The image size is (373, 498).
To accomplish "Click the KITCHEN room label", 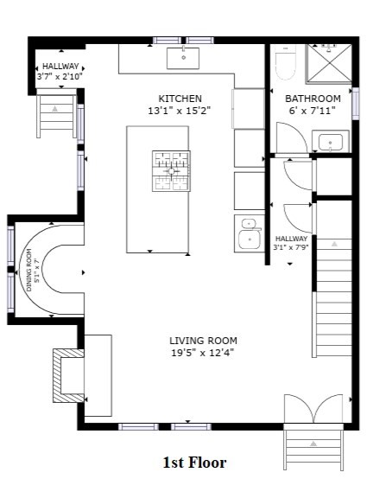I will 180,99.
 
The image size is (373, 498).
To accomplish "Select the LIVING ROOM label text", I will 203,341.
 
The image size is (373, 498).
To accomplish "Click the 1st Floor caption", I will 194,463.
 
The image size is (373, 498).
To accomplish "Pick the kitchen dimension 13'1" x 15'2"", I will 179,111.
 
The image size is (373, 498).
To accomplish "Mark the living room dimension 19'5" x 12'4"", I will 203,353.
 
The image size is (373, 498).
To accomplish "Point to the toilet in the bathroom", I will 285,65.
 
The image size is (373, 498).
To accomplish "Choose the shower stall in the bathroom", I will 330,62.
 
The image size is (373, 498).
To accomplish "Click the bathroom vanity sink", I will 331,141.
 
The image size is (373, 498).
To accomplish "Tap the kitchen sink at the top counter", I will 184,58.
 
